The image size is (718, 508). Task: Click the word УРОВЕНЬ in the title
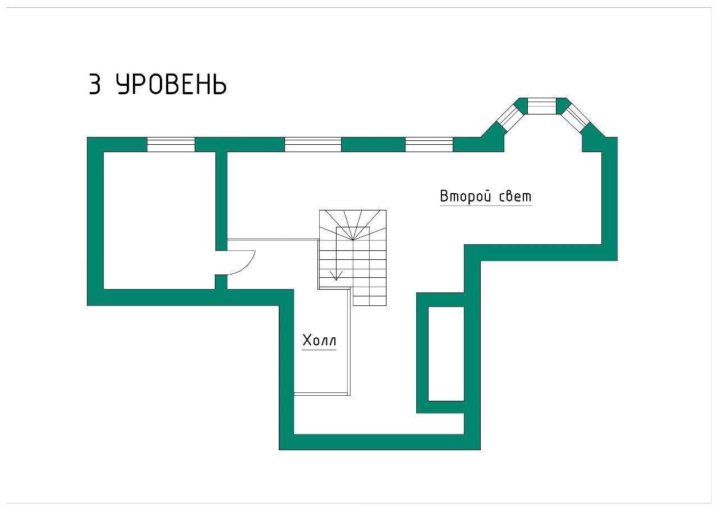[x=171, y=85]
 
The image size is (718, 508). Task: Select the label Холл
[x=319, y=340]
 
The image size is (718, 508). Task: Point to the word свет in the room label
[x=514, y=196]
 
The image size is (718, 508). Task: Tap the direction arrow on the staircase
[x=336, y=274]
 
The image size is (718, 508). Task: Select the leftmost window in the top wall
[x=171, y=144]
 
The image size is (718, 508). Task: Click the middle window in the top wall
[x=312, y=144]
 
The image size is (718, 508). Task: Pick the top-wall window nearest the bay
[x=429, y=144]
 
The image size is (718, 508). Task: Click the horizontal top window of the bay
[x=542, y=106]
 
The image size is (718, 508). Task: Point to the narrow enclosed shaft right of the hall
[x=446, y=354]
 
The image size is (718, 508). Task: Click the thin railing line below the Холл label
[x=321, y=393]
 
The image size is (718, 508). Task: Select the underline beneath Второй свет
[x=486, y=205]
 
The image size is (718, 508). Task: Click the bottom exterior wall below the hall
[x=379, y=442]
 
